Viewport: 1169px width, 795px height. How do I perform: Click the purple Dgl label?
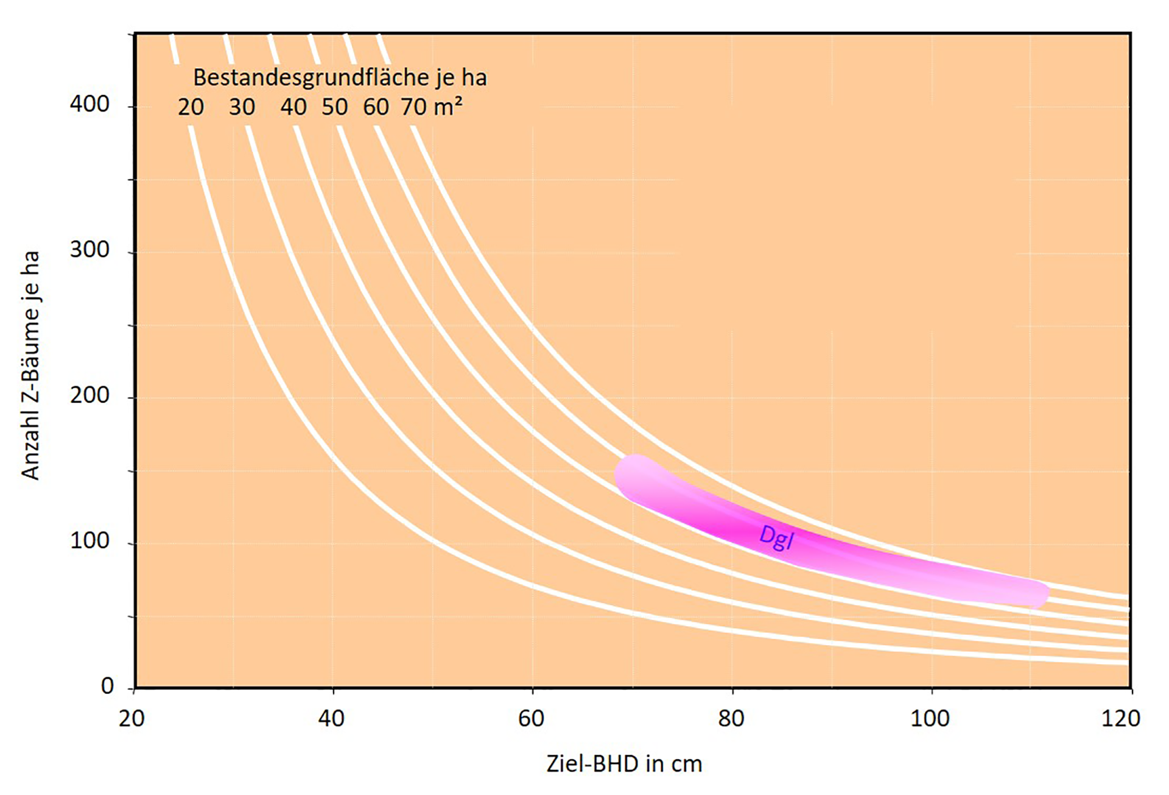point(776,537)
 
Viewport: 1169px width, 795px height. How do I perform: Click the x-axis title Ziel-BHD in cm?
point(624,763)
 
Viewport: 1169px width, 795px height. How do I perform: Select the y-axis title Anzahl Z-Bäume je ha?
point(30,366)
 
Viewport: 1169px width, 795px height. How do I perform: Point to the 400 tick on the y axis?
point(90,104)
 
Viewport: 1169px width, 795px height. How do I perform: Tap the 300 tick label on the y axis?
point(90,250)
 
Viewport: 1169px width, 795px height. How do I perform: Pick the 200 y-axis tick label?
point(90,395)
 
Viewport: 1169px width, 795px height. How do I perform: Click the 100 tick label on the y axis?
point(90,540)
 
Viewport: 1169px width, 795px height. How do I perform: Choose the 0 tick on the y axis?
point(107,686)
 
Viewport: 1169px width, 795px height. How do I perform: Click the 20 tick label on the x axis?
point(132,719)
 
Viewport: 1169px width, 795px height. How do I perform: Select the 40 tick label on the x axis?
point(331,719)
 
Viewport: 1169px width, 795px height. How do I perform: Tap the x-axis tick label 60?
point(531,719)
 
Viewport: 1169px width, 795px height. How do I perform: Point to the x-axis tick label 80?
point(731,719)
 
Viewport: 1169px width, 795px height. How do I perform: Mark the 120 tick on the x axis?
point(1121,719)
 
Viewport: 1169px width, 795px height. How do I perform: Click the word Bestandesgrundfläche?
point(311,78)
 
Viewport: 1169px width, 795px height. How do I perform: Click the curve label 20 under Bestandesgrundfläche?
point(191,107)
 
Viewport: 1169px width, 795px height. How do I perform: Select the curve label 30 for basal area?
point(242,107)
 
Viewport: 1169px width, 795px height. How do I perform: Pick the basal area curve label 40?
point(293,107)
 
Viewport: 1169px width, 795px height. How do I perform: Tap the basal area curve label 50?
point(335,107)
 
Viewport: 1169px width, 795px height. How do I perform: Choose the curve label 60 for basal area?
point(376,107)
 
